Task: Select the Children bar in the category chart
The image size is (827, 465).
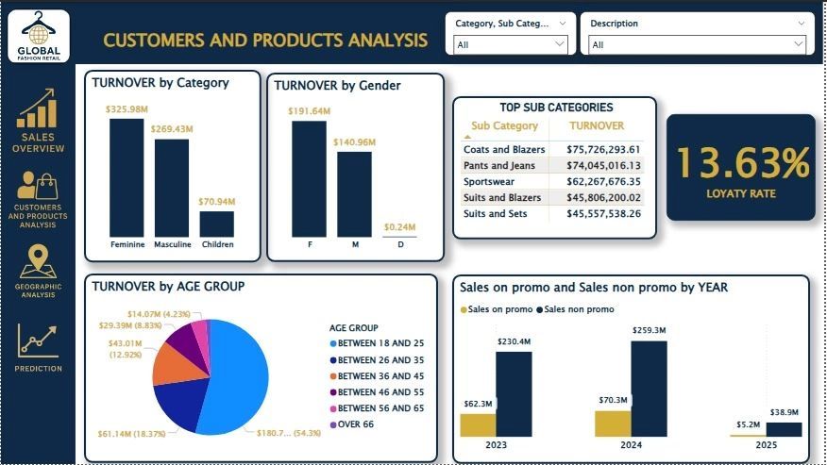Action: coord(217,224)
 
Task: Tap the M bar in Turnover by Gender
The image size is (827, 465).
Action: coord(354,193)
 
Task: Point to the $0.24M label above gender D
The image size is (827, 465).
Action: coord(399,227)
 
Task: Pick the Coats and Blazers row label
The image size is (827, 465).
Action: coord(504,149)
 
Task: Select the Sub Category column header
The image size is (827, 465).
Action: coord(504,125)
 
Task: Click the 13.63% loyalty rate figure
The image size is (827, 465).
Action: coord(742,164)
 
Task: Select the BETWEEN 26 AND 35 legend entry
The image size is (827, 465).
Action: coord(379,359)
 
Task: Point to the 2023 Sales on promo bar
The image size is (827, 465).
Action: coord(478,424)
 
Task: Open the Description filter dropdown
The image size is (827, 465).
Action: coord(697,43)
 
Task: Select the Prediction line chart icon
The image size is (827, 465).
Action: coord(38,341)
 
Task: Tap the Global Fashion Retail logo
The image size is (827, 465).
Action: coord(38,36)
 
